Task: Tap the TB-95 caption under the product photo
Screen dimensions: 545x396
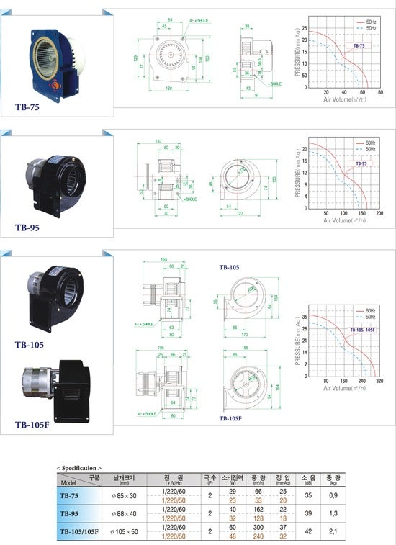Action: (x=27, y=227)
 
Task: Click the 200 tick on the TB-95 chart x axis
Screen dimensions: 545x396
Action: (x=379, y=214)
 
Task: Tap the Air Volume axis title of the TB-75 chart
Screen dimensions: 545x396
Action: (x=343, y=99)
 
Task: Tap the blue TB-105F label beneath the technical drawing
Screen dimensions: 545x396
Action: (x=230, y=418)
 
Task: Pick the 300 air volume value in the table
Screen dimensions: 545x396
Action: (x=256, y=528)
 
